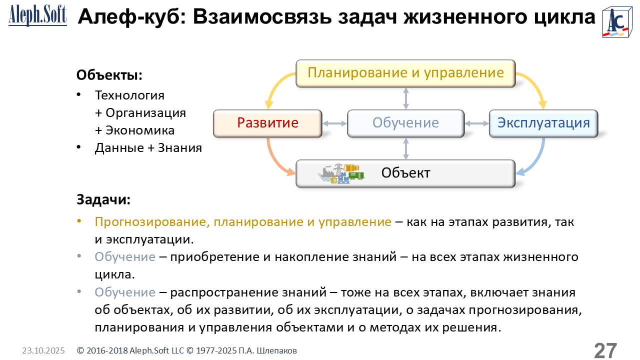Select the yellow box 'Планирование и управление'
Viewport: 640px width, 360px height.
pos(405,73)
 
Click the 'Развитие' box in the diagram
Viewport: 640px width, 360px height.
pos(267,123)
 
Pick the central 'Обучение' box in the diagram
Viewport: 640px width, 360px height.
pos(405,123)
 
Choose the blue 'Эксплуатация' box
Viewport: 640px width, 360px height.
pos(543,123)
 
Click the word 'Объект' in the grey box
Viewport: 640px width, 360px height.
pos(405,173)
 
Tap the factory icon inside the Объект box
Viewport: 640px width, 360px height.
pos(341,173)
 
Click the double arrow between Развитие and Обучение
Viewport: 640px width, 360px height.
pos(334,123)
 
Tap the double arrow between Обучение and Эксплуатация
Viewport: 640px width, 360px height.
pos(476,123)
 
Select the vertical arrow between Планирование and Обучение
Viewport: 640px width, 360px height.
pos(405,98)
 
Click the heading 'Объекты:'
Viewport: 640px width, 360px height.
pos(109,75)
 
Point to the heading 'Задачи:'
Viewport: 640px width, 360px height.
pos(103,199)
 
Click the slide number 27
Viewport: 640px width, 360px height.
pos(605,350)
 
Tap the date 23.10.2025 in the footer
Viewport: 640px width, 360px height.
pos(43,351)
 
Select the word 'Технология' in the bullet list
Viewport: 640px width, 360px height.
pos(129,95)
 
